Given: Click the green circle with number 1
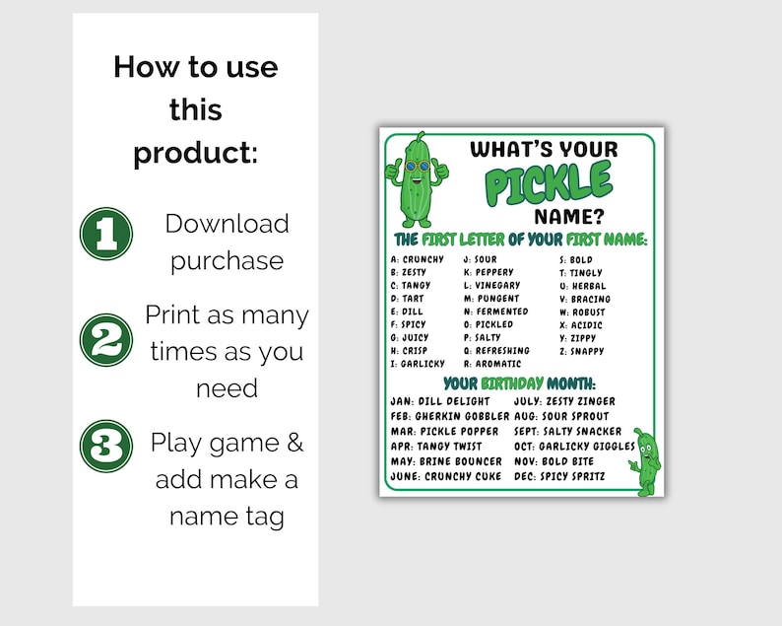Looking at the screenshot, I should [105, 234].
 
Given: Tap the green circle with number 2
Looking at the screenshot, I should [105, 340].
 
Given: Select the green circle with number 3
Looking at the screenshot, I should [105, 447].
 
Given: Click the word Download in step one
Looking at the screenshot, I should [227, 224].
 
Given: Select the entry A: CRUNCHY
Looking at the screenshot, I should [418, 260].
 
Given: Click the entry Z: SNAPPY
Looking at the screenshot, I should [581, 351].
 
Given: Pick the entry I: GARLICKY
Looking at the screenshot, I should [418, 364].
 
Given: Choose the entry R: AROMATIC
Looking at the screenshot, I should [492, 364].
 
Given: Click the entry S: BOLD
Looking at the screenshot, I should [575, 260].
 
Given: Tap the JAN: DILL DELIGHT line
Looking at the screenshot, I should [440, 402].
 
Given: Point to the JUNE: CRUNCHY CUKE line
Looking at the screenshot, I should [444, 477].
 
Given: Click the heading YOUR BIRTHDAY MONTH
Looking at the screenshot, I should [519, 383].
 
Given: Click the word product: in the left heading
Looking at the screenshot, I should [195, 154].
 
